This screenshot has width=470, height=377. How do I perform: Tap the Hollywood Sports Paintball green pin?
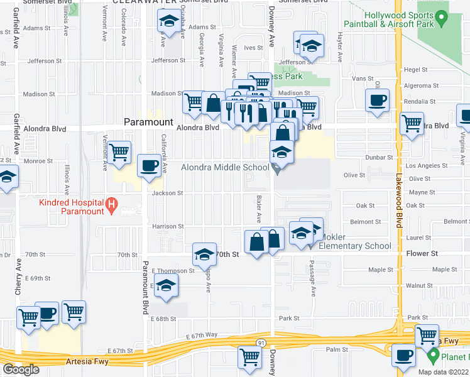[x=441, y=20]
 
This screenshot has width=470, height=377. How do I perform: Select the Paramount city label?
[x=148, y=122]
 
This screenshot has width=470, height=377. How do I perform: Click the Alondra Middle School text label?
[x=225, y=167]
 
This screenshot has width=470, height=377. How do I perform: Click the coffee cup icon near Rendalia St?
[x=378, y=101]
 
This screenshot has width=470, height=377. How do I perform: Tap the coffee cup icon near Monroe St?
[x=149, y=166]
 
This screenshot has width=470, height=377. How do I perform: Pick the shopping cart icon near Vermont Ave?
[x=119, y=153]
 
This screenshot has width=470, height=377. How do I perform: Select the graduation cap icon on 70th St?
[x=204, y=254]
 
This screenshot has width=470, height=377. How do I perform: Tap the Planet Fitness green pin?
[x=432, y=356]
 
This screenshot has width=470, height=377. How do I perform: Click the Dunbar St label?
[x=381, y=157]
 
